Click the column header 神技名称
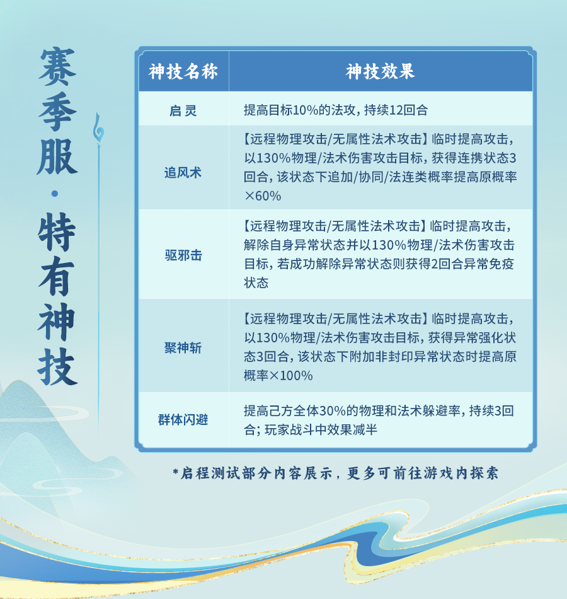pyautogui.click(x=183, y=71)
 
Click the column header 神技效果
pyautogui.click(x=381, y=71)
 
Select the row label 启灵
pyautogui.click(x=183, y=111)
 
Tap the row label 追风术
pyautogui.click(x=183, y=173)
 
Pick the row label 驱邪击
pyautogui.click(x=183, y=255)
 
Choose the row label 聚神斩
pyautogui.click(x=183, y=347)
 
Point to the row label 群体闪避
pyautogui.click(x=183, y=419)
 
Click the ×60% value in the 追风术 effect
pyautogui.click(x=263, y=196)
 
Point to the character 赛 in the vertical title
pyautogui.click(x=58, y=67)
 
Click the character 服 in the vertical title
pyautogui.click(x=57, y=156)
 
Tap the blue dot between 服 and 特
pyautogui.click(x=55, y=194)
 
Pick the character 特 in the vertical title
pyautogui.click(x=57, y=232)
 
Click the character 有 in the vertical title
pyautogui.click(x=57, y=276)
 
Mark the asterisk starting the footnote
pyautogui.click(x=176, y=472)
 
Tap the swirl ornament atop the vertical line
pyautogui.click(x=98, y=130)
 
